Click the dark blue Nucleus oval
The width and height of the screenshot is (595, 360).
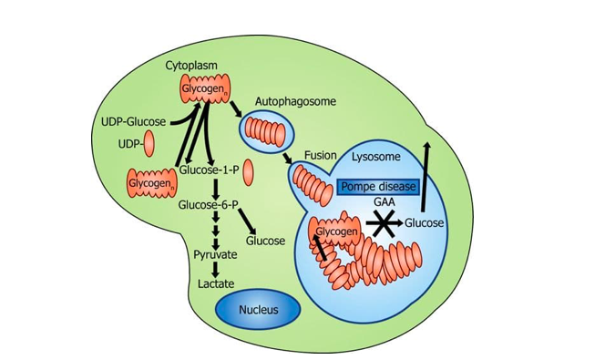pos(258,310)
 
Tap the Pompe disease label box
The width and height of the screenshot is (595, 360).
pos(378,187)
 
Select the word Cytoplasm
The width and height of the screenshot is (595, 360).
pos(191,66)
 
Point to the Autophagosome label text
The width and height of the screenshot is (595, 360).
pos(295,102)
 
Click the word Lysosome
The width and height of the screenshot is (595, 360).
pos(376,157)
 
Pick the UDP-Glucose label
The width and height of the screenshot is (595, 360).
pos(134,122)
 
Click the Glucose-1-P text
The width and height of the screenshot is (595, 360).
pos(209,170)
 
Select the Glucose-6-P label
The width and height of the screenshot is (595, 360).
pos(209,205)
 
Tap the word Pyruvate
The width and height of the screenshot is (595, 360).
pos(215,254)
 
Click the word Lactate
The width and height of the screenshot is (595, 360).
pos(216,283)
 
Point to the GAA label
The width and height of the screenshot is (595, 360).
pos(385,202)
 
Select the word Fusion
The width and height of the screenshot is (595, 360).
pos(321,155)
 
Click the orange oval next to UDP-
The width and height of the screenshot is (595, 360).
pos(149,143)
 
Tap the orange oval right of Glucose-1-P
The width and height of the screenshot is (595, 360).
pos(248,172)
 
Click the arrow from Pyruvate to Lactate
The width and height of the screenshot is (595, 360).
pos(216,270)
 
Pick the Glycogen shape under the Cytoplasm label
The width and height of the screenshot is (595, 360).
pos(205,89)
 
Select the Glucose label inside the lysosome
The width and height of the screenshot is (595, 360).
pos(424,223)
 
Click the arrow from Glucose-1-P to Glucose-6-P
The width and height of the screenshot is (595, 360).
pos(216,189)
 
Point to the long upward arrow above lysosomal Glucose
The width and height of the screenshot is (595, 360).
pos(425,176)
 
